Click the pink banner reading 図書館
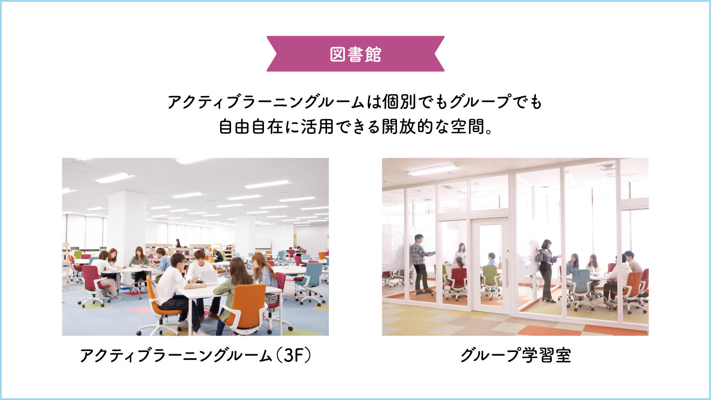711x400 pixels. click(355, 54)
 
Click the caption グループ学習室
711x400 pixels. click(515, 355)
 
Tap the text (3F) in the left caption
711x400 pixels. click(293, 355)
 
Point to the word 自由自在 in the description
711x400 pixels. click(251, 126)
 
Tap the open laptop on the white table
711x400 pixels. click(208, 277)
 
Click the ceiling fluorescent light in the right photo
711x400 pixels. click(433, 169)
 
